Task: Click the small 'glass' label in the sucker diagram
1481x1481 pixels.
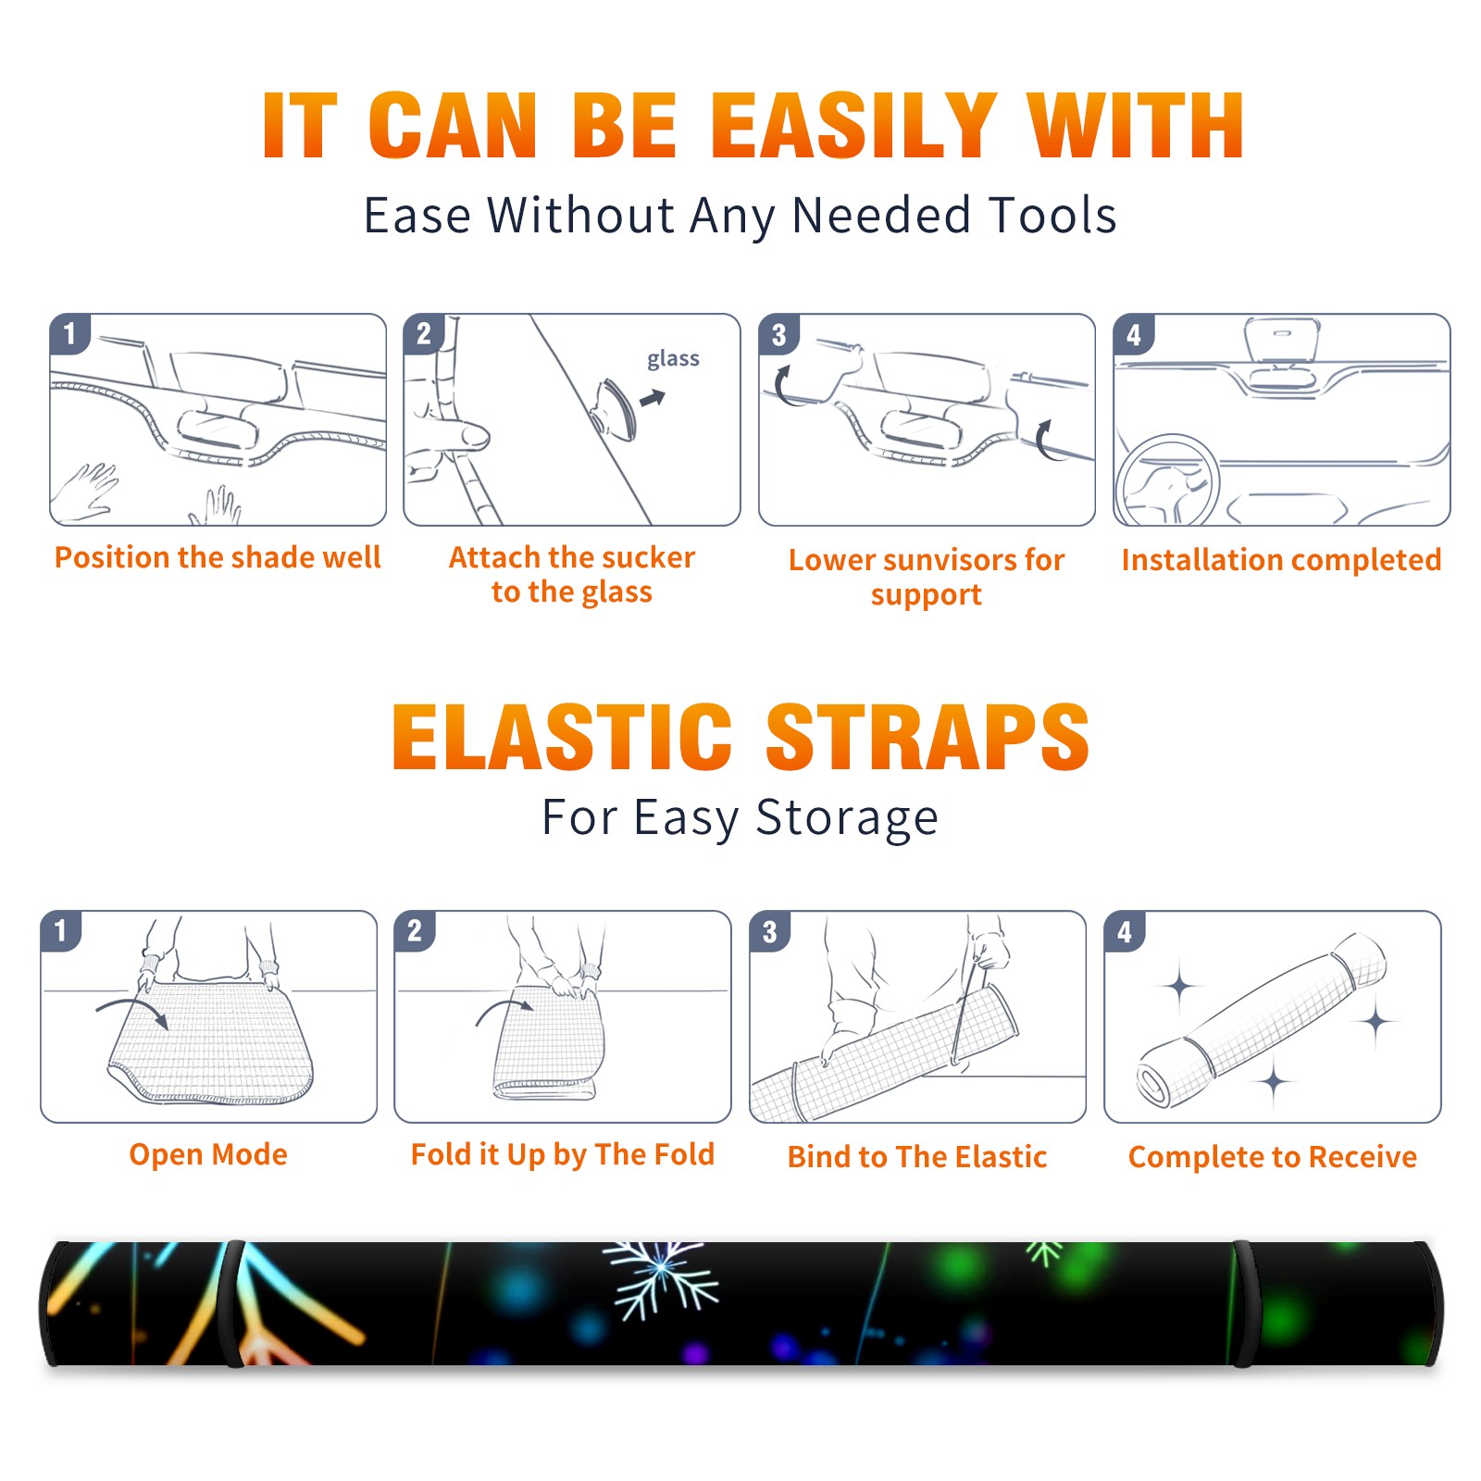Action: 673,359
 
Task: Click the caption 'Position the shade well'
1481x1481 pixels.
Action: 218,557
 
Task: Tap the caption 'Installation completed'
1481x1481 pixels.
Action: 1281,560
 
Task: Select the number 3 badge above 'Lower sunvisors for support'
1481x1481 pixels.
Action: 778,334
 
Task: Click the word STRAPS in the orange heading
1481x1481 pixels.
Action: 927,737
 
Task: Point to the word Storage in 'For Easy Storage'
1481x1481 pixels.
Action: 847,818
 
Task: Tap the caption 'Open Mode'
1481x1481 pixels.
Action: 208,1154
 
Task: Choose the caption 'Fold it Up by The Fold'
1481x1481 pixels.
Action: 563,1154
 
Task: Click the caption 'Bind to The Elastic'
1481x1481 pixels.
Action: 917,1157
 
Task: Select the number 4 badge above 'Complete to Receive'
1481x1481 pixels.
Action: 1125,931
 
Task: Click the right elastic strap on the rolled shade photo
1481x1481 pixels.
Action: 1243,1304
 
